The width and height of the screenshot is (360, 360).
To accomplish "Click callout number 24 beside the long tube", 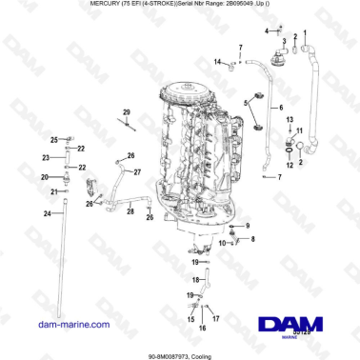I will click(x=46, y=213).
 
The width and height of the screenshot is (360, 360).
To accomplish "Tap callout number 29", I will click(x=126, y=112).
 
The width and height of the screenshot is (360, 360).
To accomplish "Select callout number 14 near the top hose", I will click(x=217, y=63).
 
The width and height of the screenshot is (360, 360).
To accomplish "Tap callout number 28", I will click(x=130, y=212).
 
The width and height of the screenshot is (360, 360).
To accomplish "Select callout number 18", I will click(x=190, y=281).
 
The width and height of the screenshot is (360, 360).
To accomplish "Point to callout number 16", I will click(x=201, y=327).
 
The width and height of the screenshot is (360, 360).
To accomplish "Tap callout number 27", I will click(x=137, y=171).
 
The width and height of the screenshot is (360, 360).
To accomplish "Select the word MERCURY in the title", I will click(x=107, y=5).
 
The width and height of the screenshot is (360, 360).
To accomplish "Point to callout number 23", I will click(x=46, y=157).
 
